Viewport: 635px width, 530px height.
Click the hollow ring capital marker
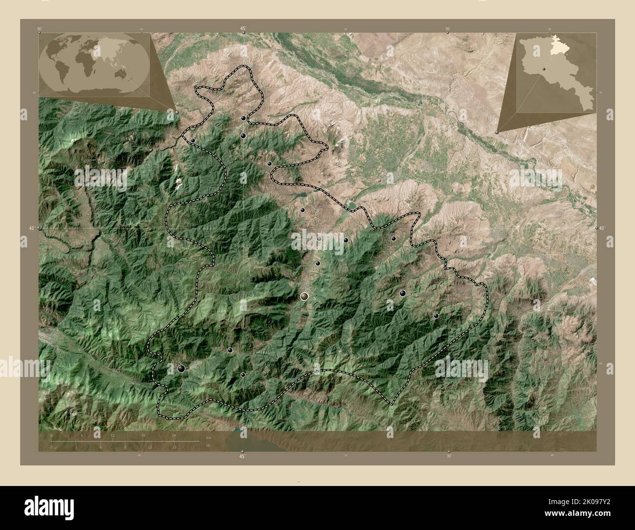(x=305, y=296)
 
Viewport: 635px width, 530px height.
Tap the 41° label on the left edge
(x=31, y=228)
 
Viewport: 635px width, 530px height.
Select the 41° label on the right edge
(x=602, y=228)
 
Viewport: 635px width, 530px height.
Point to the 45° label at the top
(x=243, y=29)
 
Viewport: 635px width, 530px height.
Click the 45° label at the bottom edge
(x=242, y=456)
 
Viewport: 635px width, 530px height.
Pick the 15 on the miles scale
(x=174, y=447)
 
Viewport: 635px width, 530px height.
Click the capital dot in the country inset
(x=543, y=69)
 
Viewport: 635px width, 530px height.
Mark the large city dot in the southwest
(x=182, y=369)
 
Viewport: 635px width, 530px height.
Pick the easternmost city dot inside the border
(x=436, y=316)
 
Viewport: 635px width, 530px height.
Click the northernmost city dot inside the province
(x=243, y=118)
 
